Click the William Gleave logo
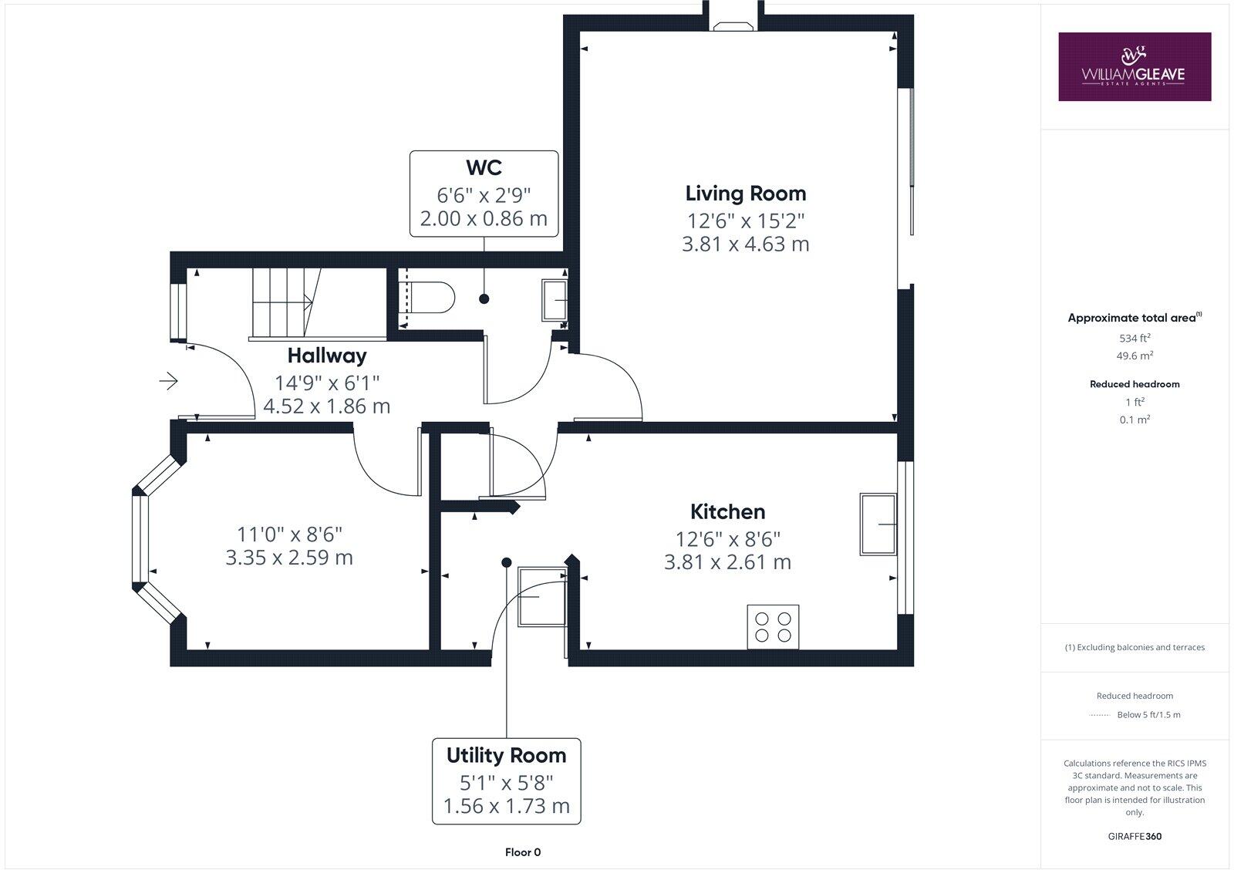coord(1134,66)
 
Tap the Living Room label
coord(745,193)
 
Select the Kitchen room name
coord(727,511)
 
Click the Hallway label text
coord(326,356)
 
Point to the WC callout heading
coord(484,167)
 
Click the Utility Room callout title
coord(506,755)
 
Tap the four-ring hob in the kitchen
coord(773,626)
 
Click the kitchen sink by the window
coord(878,524)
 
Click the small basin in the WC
coord(555,299)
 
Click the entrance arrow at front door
coord(169,380)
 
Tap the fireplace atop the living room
coord(732,26)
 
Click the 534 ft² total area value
coord(1134,338)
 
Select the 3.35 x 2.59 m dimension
coord(289,558)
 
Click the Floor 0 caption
coord(522,852)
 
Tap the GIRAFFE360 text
coord(1134,836)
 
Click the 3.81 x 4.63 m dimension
coord(745,244)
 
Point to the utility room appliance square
coord(541,597)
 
